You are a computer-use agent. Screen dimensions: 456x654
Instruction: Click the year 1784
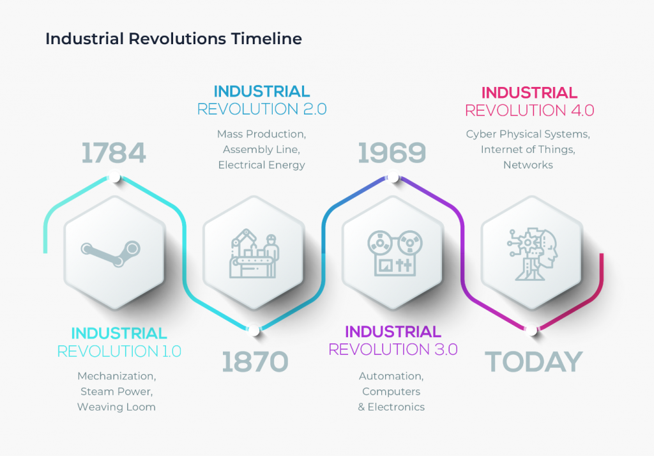(114, 153)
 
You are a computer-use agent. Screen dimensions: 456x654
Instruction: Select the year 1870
(255, 362)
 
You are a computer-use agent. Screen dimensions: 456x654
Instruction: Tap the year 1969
(392, 153)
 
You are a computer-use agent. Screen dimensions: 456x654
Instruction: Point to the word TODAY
(534, 362)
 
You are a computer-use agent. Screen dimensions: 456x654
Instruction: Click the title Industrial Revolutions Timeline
(174, 39)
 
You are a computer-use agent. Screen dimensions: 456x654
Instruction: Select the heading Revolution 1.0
(119, 351)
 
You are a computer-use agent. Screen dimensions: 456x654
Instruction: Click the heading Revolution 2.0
(262, 109)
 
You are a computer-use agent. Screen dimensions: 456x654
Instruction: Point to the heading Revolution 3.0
(393, 350)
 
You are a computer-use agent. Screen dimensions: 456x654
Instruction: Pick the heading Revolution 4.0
(529, 111)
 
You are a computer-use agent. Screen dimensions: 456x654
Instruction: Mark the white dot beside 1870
(254, 331)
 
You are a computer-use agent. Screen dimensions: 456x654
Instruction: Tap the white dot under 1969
(393, 178)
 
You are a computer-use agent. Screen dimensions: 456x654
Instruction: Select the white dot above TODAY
(530, 331)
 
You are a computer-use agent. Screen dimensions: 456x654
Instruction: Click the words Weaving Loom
(116, 407)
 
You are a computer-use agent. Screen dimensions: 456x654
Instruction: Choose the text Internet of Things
(528, 150)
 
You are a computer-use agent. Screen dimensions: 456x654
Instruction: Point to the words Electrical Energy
(261, 165)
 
